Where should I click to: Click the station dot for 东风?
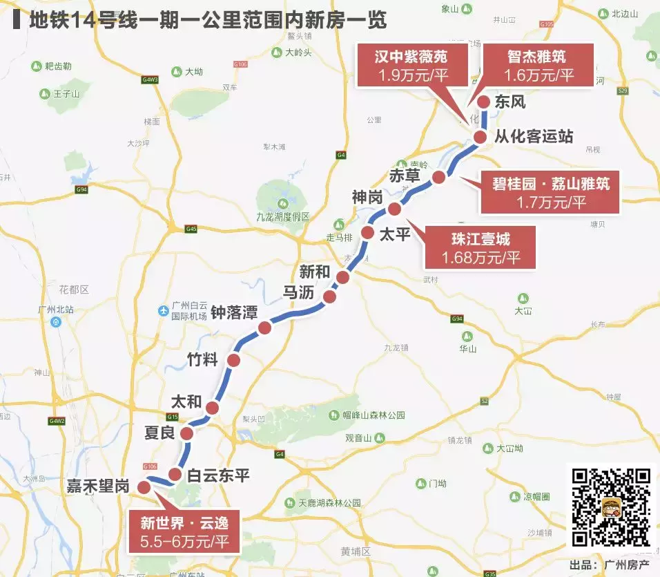click(x=483, y=102)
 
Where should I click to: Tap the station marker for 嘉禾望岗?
click(x=144, y=486)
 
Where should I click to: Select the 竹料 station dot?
click(x=234, y=360)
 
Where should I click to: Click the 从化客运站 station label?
click(x=534, y=135)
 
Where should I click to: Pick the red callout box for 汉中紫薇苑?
click(x=411, y=66)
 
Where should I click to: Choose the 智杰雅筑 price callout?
click(x=539, y=66)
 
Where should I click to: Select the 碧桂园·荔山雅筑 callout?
click(x=550, y=193)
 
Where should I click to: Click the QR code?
click(x=612, y=507)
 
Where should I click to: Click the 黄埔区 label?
click(x=356, y=551)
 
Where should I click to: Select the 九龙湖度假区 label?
click(x=283, y=216)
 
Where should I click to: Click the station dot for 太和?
click(x=212, y=408)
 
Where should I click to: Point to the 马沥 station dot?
click(x=329, y=297)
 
